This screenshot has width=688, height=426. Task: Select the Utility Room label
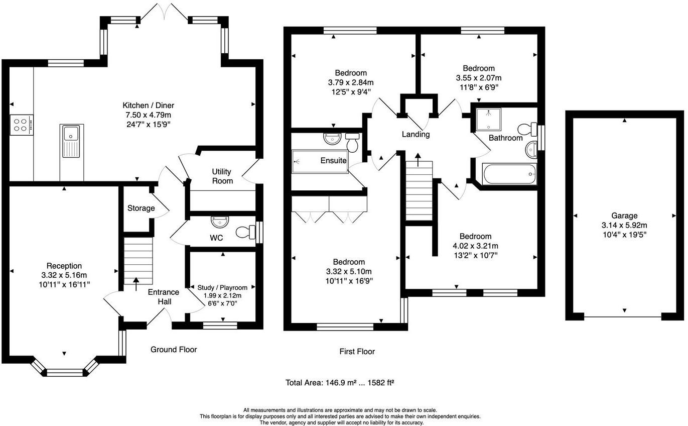point(222,176)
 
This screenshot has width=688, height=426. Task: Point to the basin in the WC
point(220,221)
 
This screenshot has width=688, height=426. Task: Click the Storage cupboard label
point(141,208)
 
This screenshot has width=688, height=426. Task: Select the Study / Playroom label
point(222,287)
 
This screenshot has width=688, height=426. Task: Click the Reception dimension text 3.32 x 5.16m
point(64,275)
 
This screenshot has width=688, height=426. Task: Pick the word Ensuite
point(333,161)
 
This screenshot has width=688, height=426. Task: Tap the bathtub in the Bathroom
point(509,174)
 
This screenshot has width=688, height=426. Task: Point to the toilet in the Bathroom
point(527,128)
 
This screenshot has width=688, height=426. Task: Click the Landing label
point(416,135)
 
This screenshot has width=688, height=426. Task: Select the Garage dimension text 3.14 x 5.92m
point(624,225)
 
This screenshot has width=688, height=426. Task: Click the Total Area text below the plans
point(340,383)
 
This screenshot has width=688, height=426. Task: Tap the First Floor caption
point(357,352)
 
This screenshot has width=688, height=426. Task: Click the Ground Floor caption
point(174,350)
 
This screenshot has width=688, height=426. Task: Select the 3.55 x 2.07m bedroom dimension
point(479,78)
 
